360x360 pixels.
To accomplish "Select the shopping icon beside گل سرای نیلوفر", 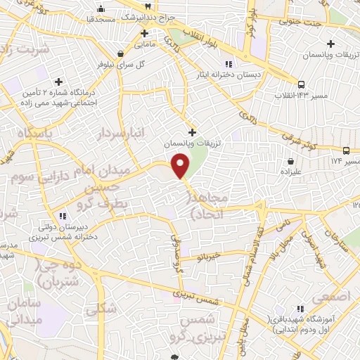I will [121, 53].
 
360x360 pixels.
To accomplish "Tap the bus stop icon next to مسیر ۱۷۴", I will [346, 150].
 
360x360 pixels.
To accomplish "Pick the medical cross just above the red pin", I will [192, 131].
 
